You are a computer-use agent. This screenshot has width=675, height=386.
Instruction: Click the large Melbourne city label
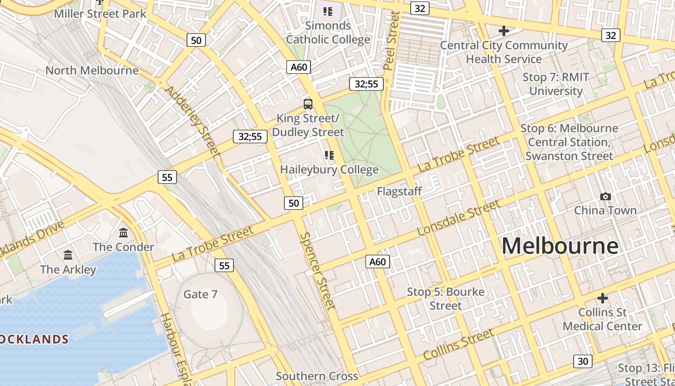560,246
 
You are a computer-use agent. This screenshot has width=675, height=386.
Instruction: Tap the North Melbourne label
92,70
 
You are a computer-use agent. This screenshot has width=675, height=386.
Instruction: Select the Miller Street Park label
100,14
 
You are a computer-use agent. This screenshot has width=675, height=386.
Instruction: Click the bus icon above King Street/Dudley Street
308,104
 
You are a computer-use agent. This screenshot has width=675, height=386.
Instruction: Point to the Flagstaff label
399,191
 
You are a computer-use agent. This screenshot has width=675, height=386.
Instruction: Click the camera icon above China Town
605,196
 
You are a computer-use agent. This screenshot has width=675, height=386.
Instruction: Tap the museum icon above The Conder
123,233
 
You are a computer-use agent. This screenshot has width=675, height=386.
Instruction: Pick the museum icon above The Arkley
68,255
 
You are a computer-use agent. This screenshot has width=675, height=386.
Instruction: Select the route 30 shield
583,361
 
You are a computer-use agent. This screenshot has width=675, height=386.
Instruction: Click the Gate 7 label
201,294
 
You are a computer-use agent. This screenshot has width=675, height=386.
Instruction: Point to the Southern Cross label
317,376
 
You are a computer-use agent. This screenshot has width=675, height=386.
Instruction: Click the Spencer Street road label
317,270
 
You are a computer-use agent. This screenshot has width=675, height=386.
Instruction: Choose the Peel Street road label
391,41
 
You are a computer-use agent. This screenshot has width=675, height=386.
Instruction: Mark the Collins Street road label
459,344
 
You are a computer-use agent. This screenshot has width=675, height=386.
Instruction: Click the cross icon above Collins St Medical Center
602,298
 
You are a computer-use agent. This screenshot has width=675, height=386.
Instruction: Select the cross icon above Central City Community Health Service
504,31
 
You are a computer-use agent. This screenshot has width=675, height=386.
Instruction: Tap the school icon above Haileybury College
329,155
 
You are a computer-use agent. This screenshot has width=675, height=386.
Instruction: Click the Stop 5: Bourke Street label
445,299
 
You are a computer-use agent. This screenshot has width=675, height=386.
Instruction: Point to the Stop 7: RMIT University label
556,84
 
